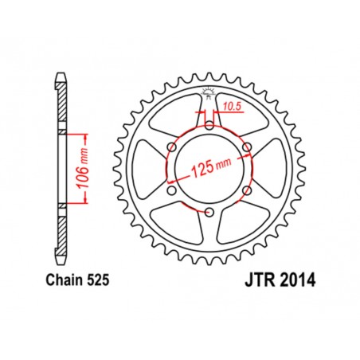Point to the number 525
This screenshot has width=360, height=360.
tap(96, 280)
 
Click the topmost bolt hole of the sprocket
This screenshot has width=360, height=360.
tap(209, 124)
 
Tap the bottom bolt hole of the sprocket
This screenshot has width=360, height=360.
tap(209, 212)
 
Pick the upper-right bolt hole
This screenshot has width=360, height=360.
tap(247, 147)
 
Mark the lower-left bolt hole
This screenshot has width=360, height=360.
tap(170, 190)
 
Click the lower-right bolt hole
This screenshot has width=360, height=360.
tap(247, 190)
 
